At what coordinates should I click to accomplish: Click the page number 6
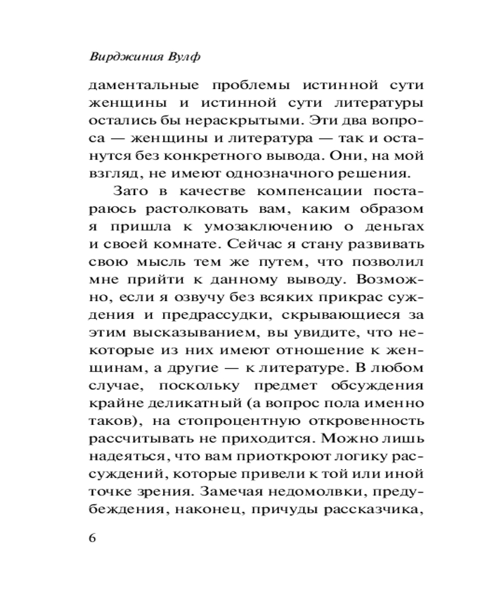point(93,539)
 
